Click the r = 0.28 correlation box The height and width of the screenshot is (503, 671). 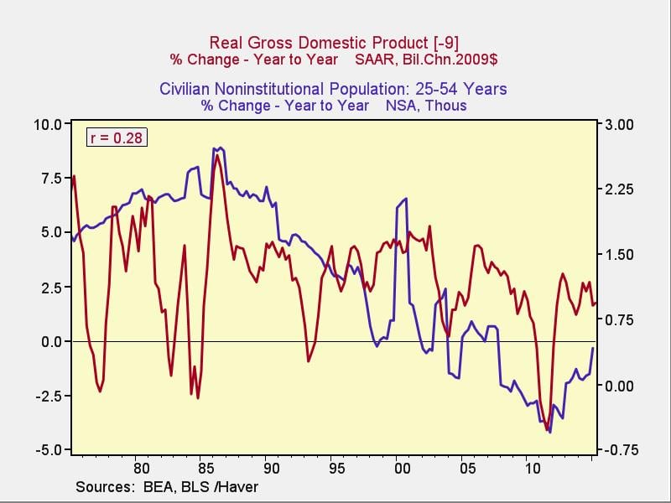click(x=117, y=137)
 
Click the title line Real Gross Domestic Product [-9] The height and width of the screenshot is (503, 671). click(x=334, y=42)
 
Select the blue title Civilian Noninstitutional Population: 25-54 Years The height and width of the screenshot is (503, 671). click(x=333, y=88)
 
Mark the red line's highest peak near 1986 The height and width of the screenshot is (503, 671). click(x=217, y=155)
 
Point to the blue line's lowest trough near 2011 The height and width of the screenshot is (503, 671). click(x=549, y=432)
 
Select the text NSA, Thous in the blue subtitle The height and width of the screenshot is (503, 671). click(x=426, y=106)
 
